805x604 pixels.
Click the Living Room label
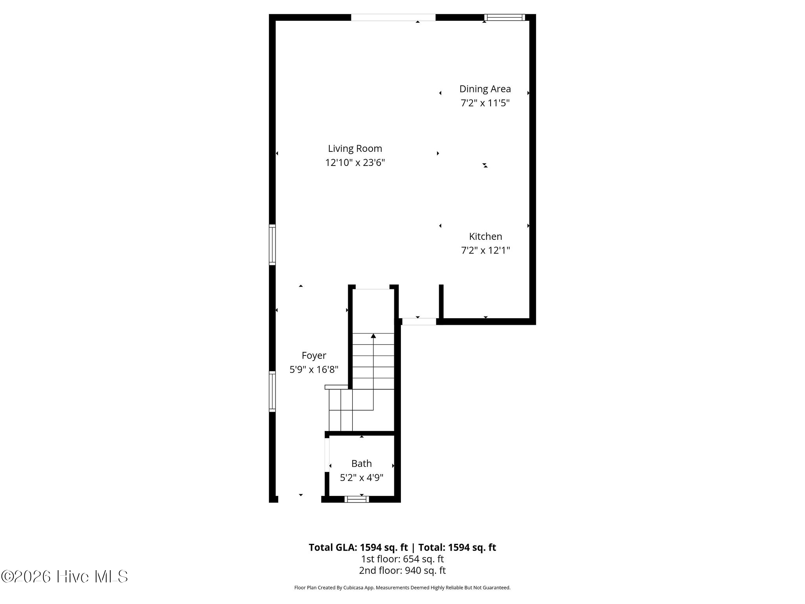355,149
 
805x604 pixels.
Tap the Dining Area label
485,89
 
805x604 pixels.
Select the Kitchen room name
485,236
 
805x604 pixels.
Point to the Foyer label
314,355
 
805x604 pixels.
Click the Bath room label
361,464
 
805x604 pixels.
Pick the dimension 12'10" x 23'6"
355,163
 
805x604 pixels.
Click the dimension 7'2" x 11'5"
485,103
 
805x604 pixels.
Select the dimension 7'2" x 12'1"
485,250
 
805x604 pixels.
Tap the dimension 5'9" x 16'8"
314,370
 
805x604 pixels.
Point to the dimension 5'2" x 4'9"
361,478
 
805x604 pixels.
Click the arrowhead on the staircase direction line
373,336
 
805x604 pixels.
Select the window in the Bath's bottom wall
357,499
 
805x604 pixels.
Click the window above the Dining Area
505,17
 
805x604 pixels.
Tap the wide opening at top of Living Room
393,17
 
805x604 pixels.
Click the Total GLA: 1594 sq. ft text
359,547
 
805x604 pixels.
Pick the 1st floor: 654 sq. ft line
402,559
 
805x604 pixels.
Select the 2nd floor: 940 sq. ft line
402,570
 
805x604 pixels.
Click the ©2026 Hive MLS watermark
64,577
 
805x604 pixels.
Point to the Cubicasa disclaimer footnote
402,588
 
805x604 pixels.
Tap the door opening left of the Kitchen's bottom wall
419,321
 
